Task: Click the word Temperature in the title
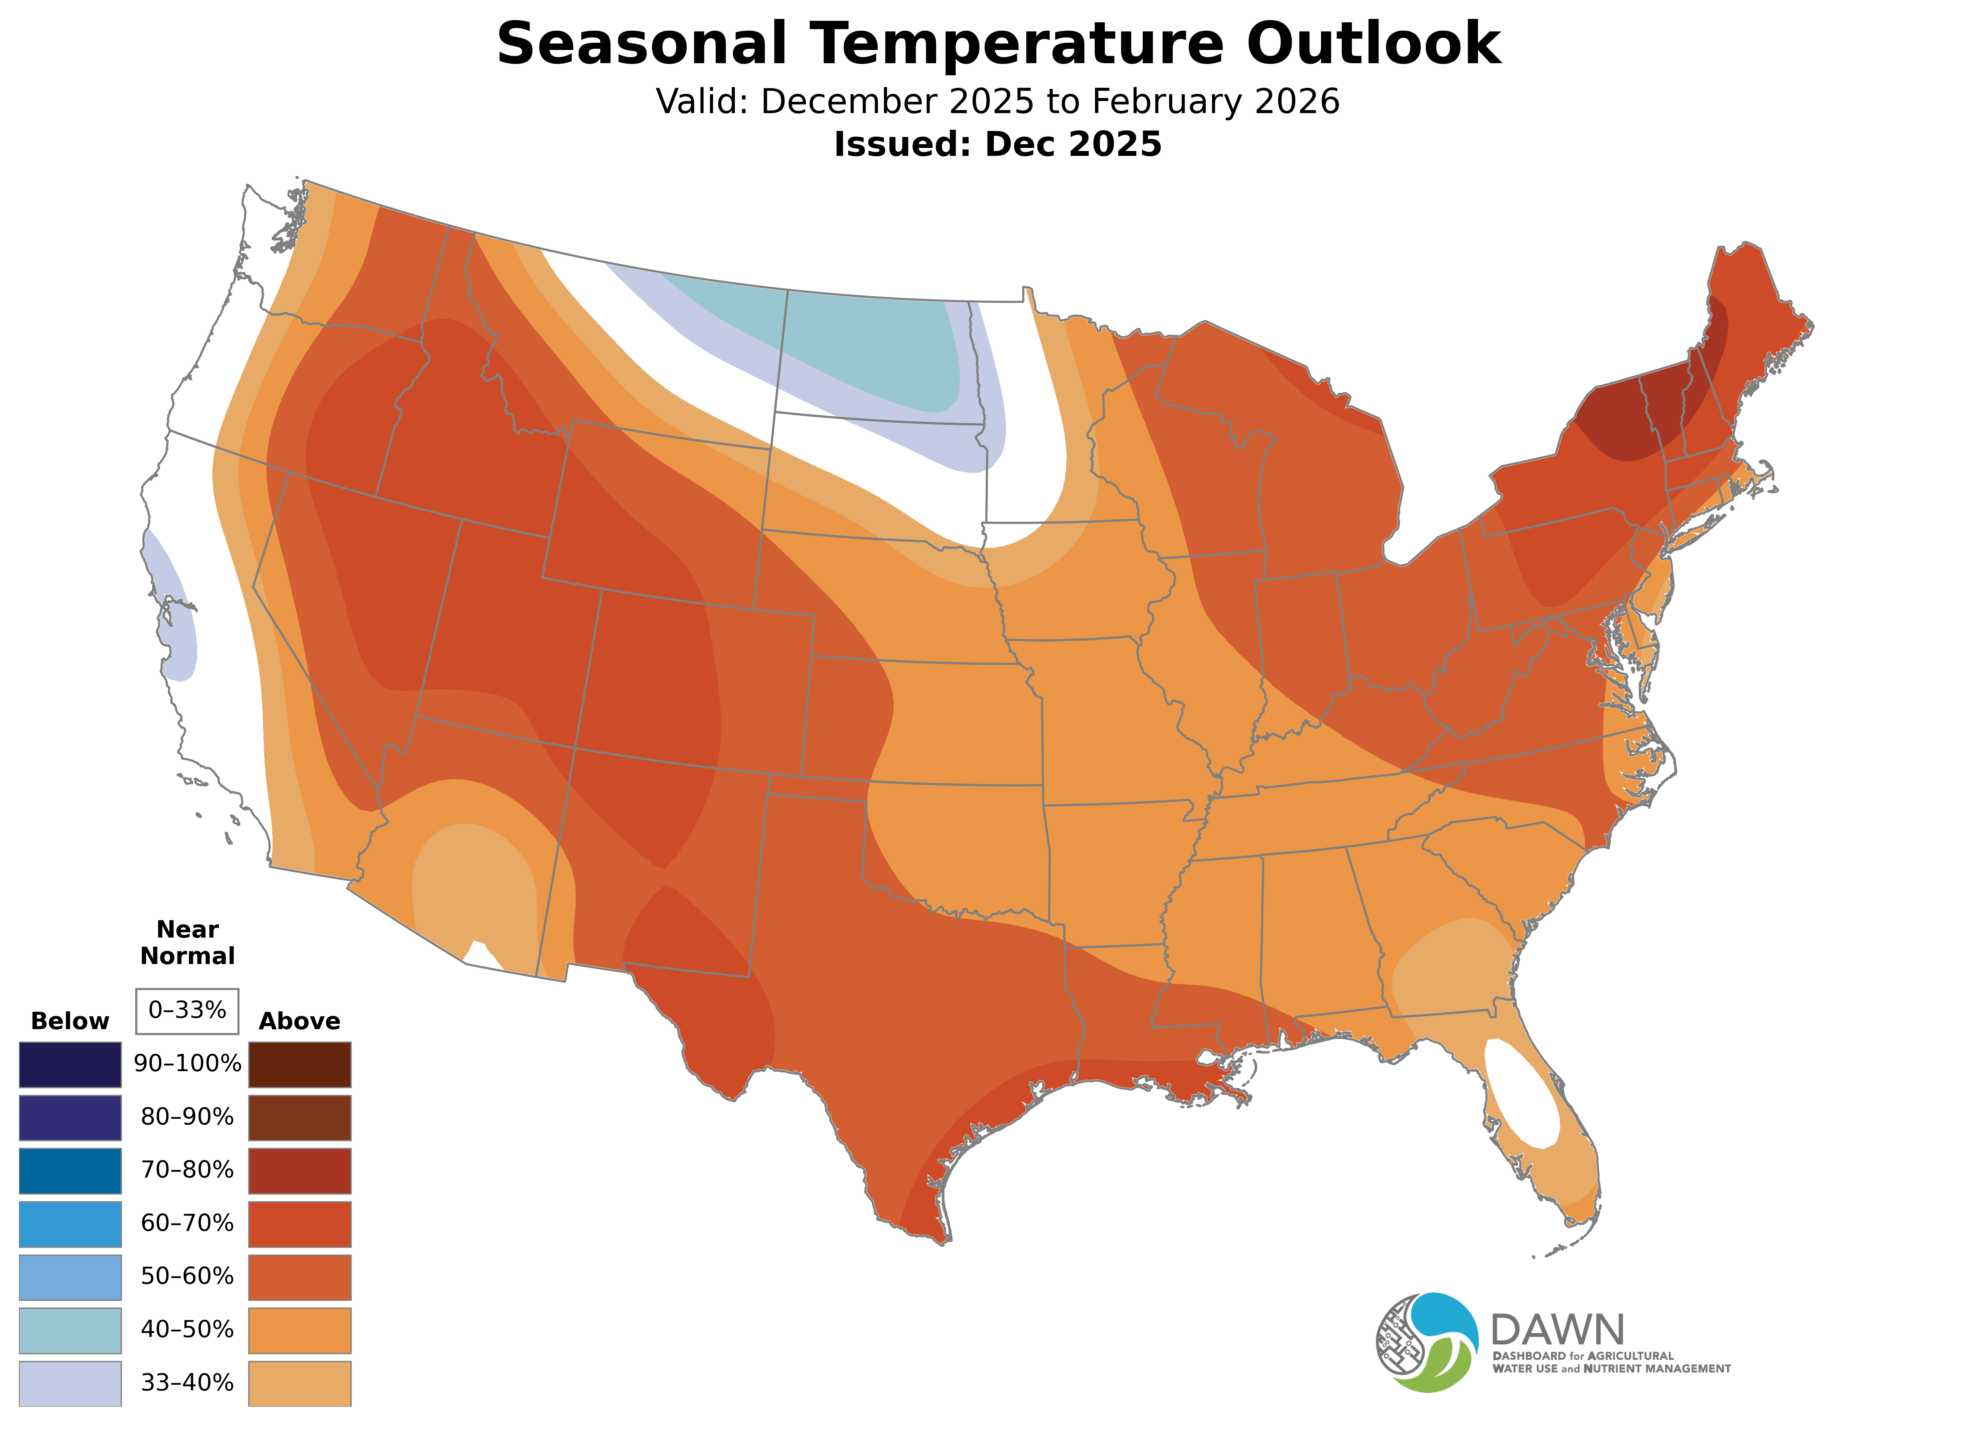click(1016, 44)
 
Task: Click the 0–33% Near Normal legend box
click(187, 1011)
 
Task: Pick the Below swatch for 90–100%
click(70, 1065)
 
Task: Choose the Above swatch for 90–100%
click(300, 1065)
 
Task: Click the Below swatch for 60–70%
click(70, 1224)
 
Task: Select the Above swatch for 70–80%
click(300, 1171)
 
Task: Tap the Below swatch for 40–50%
click(70, 1330)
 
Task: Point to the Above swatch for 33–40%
click(300, 1383)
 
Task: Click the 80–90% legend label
click(187, 1117)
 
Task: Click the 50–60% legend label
click(187, 1276)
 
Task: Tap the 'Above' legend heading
click(300, 1022)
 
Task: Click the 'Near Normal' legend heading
click(187, 942)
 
